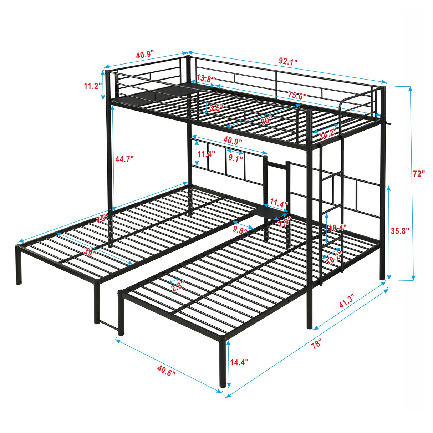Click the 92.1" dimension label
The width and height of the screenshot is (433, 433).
288,61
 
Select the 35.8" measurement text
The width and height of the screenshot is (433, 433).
399,231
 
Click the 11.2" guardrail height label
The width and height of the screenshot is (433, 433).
93,86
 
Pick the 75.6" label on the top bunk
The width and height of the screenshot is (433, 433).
297,95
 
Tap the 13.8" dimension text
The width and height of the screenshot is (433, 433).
205,78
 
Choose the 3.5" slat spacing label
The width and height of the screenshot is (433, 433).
216,108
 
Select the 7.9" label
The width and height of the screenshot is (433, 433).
284,223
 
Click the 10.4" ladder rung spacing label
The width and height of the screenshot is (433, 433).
337,228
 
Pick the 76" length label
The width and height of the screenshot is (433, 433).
102,218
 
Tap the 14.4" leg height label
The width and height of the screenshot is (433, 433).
239,362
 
